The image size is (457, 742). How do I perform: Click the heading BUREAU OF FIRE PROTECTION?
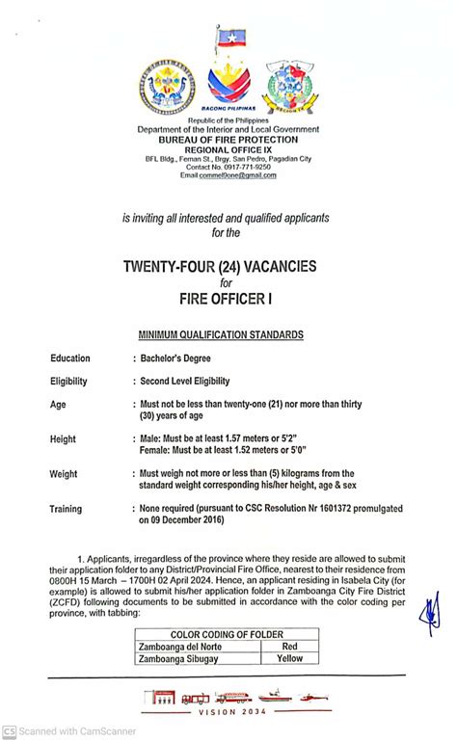(228, 140)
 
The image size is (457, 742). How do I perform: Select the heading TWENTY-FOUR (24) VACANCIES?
(228, 265)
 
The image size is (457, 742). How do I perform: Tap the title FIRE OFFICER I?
(228, 300)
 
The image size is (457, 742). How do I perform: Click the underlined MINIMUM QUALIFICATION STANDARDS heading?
(228, 334)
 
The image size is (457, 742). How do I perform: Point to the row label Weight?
(67, 474)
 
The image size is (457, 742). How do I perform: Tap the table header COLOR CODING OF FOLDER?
(227, 634)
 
